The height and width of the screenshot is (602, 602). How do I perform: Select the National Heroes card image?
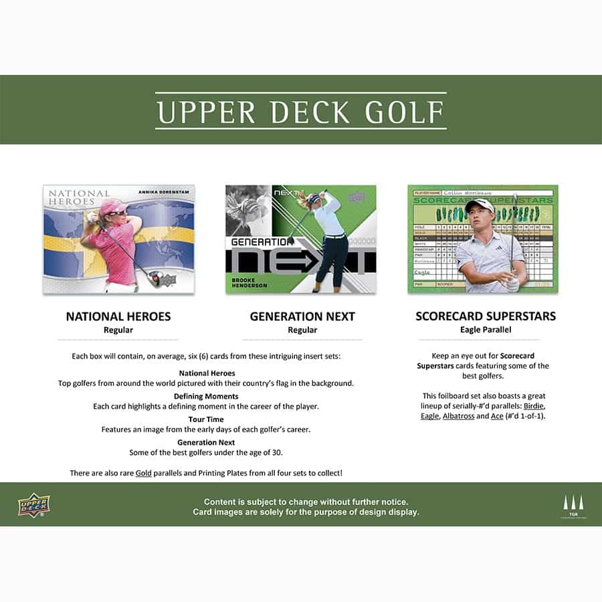(118, 239)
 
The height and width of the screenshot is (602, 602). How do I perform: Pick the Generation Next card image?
(300, 239)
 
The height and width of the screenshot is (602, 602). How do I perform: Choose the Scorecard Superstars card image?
(482, 239)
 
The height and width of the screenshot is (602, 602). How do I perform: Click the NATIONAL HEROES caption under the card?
(118, 316)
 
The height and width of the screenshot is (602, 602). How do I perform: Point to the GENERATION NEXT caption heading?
(302, 316)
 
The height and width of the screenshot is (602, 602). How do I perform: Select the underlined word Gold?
(144, 473)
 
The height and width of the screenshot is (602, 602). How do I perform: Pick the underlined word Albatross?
(458, 416)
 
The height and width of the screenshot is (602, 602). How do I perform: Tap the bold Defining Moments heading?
(207, 396)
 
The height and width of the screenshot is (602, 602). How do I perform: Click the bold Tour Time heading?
(207, 419)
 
